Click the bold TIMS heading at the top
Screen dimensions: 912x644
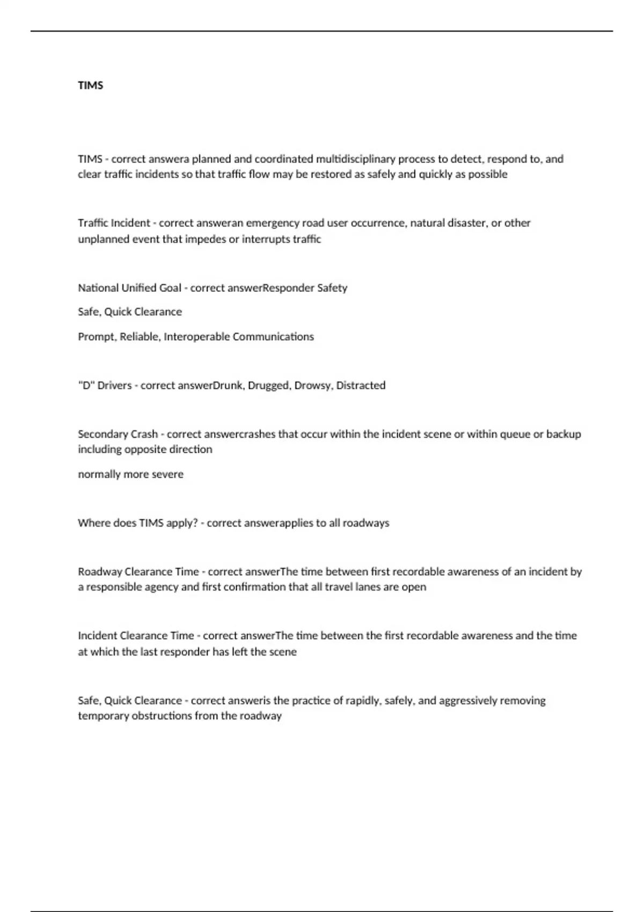pos(90,86)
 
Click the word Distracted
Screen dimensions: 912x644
pos(361,385)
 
